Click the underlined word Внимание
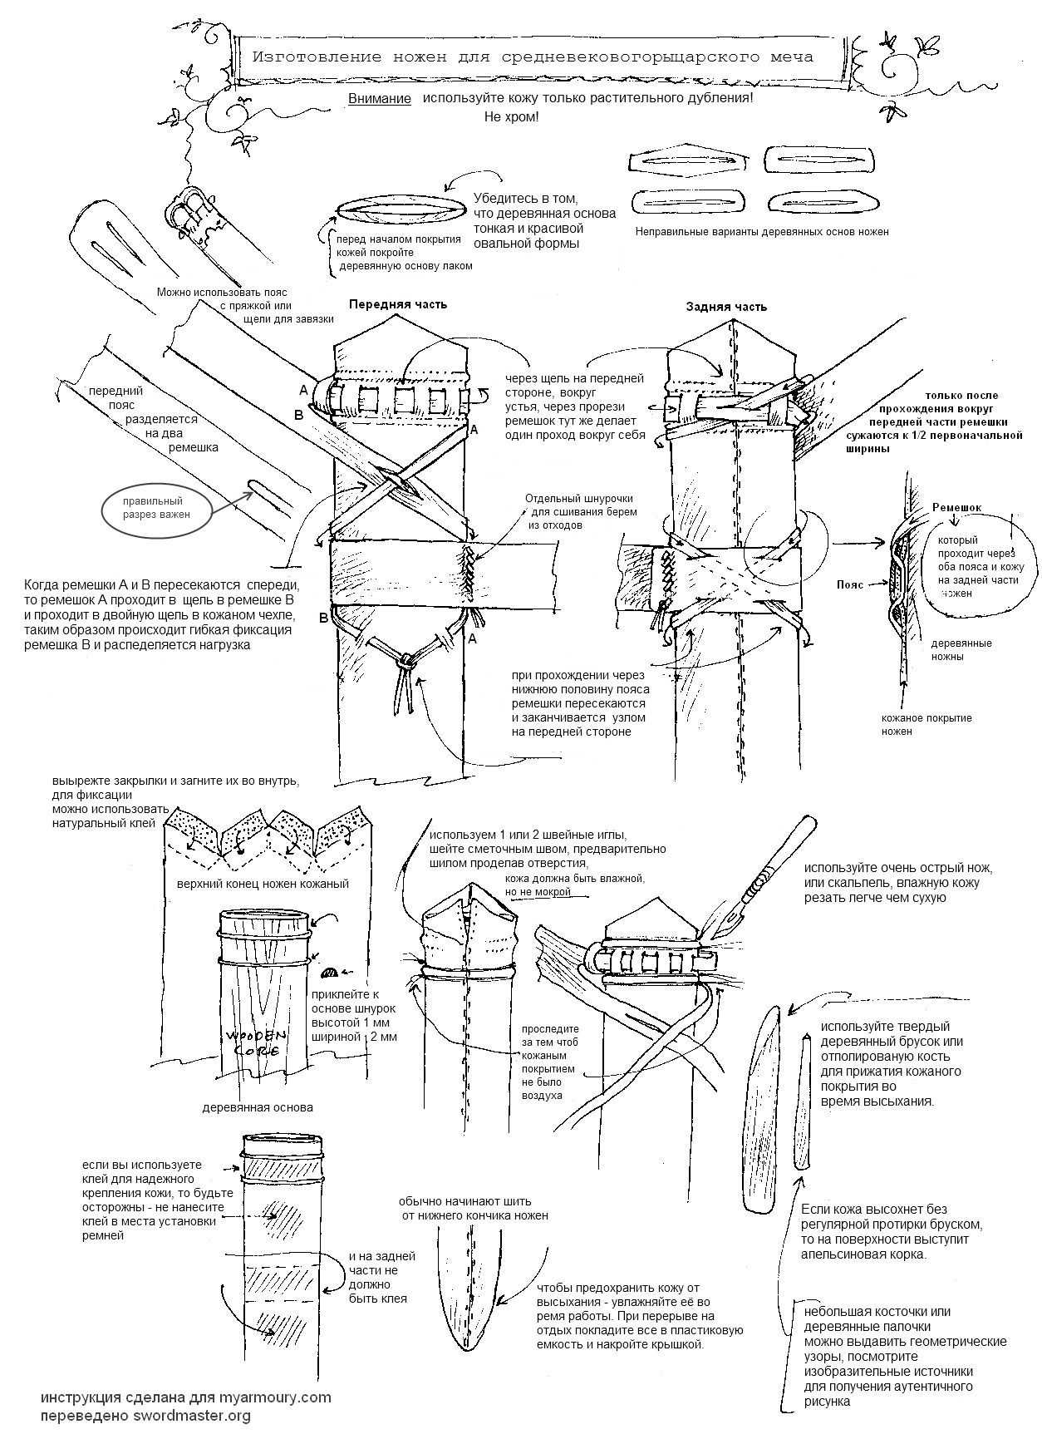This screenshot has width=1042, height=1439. [380, 99]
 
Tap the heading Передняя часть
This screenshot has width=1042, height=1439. [397, 303]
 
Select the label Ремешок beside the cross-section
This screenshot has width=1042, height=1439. [956, 506]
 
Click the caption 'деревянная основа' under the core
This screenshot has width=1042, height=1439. [258, 1107]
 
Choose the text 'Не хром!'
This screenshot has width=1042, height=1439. [511, 116]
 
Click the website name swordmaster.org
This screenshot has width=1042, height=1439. [192, 1416]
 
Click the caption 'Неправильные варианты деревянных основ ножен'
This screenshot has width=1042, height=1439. [761, 232]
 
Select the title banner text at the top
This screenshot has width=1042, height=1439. [533, 57]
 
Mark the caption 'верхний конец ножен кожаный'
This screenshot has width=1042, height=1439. [262, 884]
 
